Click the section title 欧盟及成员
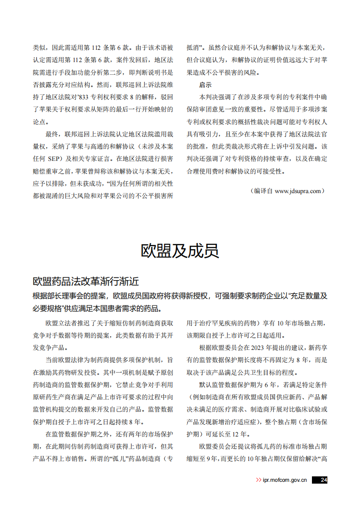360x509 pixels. tap(180, 250)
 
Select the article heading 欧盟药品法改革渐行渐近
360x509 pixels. tap(86, 281)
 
